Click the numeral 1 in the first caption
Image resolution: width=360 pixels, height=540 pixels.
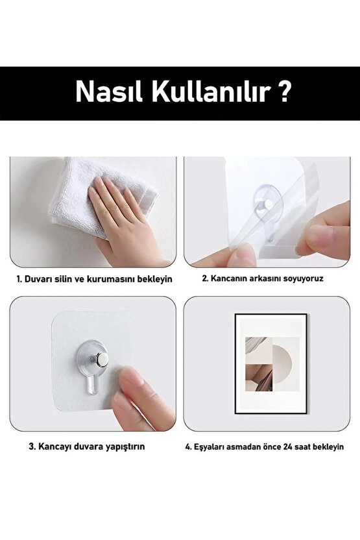pos(19,279)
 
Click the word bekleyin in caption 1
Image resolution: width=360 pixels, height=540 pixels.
pos(153,279)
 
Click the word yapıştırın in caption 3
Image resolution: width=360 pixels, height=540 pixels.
pos(123,447)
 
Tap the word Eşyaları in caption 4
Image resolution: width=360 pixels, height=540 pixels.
pos(211,447)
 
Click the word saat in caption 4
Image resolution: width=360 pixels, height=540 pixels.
pos(309,447)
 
